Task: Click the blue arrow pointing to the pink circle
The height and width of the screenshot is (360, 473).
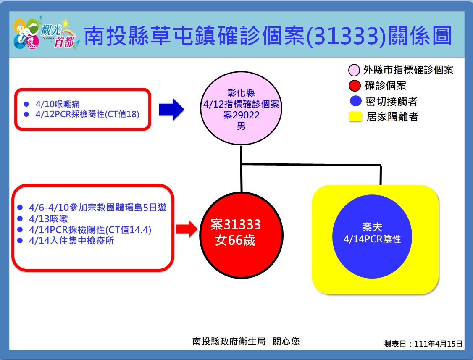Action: pos(171,109)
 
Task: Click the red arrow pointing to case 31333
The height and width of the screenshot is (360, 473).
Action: pos(187,229)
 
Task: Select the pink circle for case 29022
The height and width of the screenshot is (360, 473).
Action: pos(241,108)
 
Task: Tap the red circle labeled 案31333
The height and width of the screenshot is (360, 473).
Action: pos(241,235)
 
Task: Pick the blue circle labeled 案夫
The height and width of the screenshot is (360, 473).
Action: pos(372,236)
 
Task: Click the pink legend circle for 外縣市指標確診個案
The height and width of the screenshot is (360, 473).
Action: pos(354,70)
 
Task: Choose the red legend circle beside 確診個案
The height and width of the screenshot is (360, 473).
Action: pos(355,86)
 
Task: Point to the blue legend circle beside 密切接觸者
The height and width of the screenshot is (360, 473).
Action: pos(356,101)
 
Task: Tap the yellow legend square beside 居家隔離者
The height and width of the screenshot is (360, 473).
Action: pos(355,117)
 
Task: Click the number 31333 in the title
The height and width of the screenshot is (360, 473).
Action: pos(346,36)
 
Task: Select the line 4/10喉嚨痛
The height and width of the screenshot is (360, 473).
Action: pos(58,104)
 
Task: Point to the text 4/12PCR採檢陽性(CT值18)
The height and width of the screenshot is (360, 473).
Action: pos(87,114)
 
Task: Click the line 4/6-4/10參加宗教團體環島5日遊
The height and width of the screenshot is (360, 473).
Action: pos(98,208)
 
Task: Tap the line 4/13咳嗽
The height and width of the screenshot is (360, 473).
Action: pos(48,219)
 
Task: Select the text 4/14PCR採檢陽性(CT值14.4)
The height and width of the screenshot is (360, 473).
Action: pos(90,230)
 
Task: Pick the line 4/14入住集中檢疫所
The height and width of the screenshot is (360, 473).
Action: pos(71,241)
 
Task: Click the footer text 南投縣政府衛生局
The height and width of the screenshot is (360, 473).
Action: pos(229,341)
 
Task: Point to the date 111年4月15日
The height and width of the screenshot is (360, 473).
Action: pos(438,344)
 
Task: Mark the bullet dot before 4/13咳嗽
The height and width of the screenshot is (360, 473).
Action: pos(20,219)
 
